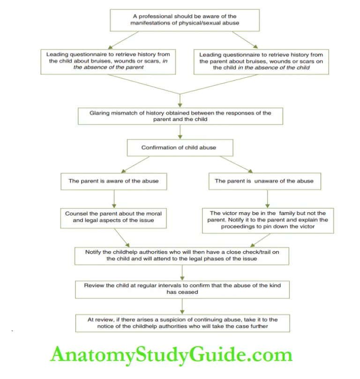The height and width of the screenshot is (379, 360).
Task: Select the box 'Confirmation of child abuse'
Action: pyautogui.click(x=179, y=148)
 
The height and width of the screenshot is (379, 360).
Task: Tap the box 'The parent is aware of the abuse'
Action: pyautogui.click(x=113, y=181)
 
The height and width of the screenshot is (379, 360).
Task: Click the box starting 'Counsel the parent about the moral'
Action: pyautogui.click(x=113, y=217)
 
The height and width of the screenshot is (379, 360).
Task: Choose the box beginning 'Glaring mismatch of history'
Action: pyautogui.click(x=180, y=116)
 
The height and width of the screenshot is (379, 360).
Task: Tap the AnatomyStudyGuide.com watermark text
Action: pyautogui.click(x=172, y=355)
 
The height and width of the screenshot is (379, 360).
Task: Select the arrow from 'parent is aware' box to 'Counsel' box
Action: pyautogui.click(x=113, y=198)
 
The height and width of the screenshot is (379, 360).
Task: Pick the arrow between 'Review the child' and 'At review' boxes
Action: pyautogui.click(x=182, y=305)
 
